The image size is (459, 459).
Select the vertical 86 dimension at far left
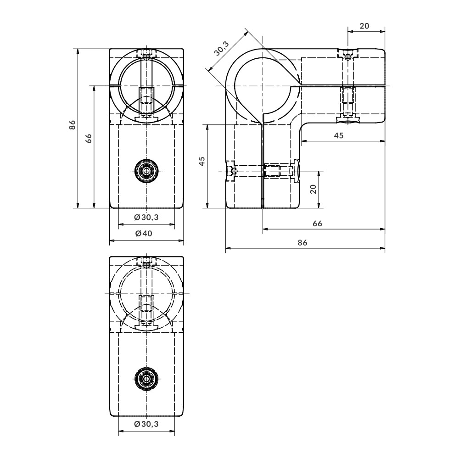coord(72,125)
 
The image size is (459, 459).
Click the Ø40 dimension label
coord(146,234)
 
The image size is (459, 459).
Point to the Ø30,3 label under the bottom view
coord(146,425)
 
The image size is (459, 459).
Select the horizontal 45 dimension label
coord(338,135)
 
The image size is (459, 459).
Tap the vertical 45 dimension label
coord(202,162)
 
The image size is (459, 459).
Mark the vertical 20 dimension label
coord(313,189)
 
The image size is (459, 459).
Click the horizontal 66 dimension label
coord(317,224)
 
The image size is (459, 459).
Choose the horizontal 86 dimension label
coord(302,243)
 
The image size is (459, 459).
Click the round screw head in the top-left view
coord(146,170)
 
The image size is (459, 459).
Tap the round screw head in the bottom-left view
coord(146,378)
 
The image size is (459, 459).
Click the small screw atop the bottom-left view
coord(146,263)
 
